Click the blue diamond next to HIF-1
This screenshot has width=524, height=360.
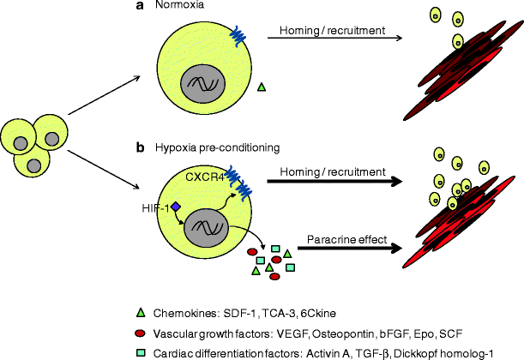pyautogui.click(x=175, y=207)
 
